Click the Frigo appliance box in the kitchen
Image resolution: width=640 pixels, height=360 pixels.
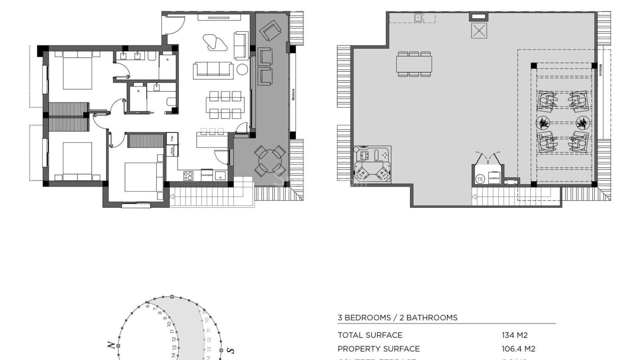[172, 138]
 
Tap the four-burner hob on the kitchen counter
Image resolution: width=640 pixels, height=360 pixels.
[188, 176]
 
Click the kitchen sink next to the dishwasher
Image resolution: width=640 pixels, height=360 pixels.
[220, 175]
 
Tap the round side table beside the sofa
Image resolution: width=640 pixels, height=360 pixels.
[242, 69]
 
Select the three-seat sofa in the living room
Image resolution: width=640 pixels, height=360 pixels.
[213, 70]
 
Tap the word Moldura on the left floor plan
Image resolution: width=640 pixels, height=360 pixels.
[293, 94]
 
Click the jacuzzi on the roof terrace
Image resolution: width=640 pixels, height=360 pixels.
[372, 164]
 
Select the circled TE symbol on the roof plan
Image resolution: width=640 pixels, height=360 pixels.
[480, 179]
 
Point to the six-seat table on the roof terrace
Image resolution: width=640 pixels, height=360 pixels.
[414, 64]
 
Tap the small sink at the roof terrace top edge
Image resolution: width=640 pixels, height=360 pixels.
[418, 17]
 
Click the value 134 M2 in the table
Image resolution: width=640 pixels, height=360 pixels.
[514, 335]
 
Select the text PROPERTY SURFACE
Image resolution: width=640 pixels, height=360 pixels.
[378, 349]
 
